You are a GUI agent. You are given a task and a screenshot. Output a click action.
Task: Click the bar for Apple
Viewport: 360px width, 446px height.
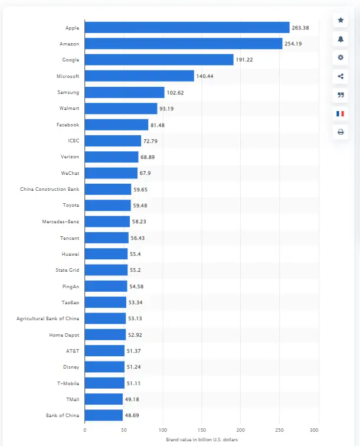(186, 27)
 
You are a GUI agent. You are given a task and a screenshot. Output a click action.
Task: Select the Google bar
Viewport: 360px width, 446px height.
(159, 60)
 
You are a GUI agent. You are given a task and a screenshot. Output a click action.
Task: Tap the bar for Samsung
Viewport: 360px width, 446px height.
(125, 92)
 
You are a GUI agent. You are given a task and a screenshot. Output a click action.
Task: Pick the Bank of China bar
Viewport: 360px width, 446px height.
(103, 415)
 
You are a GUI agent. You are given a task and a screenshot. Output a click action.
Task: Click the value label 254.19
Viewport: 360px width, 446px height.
(294, 44)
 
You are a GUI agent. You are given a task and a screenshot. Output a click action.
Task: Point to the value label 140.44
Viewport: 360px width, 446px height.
(205, 76)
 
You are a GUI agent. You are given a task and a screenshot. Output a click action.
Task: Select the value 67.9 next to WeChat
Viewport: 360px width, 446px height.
(146, 173)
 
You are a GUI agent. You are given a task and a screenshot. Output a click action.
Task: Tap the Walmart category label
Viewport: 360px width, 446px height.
(69, 109)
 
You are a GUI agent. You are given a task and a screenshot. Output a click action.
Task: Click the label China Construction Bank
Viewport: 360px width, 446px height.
(50, 189)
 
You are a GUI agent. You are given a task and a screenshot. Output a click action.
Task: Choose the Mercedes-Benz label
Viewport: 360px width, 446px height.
(61, 222)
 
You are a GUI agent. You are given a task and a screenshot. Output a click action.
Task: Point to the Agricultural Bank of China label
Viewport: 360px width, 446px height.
(48, 318)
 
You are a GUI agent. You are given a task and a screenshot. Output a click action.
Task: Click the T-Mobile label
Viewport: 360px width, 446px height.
(68, 383)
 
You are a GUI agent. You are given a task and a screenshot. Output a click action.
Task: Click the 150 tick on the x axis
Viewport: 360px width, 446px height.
(202, 429)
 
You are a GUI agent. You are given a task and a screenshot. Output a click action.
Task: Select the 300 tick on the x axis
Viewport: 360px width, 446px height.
(318, 429)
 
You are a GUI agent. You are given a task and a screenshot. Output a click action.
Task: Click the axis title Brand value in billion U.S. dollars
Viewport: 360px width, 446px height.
(201, 440)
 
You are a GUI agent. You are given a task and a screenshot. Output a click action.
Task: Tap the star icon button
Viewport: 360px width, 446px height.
(341, 20)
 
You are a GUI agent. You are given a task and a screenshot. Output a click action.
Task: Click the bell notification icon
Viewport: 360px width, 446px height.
(341, 39)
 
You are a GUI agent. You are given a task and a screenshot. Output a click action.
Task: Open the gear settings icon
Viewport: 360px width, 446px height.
(341, 57)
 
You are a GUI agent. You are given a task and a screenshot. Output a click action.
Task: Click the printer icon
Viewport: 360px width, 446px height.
(341, 132)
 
